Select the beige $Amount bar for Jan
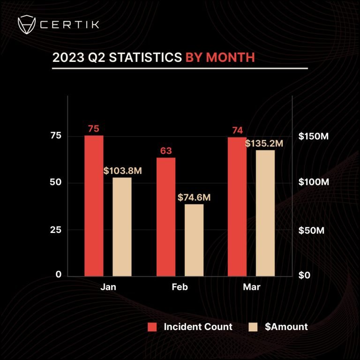(x=122, y=226)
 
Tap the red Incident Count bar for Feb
(x=166, y=217)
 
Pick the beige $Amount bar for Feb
(x=194, y=240)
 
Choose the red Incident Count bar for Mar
(x=237, y=206)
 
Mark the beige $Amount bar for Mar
(x=265, y=213)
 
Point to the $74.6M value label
(x=194, y=197)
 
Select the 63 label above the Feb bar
(x=166, y=151)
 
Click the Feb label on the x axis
(x=180, y=286)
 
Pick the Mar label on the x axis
(x=251, y=286)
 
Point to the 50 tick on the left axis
(x=56, y=182)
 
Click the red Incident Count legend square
(x=152, y=327)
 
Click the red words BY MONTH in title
(x=220, y=58)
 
